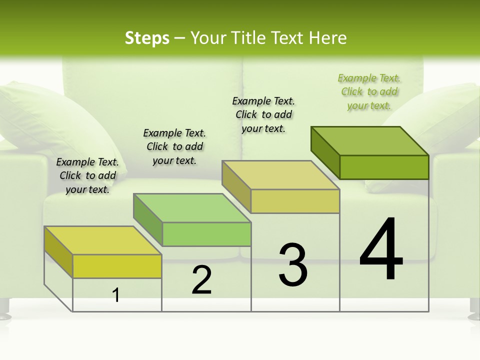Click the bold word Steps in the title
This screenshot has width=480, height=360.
(147, 38)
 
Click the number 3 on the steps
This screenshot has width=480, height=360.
(293, 265)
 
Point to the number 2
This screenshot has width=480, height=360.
(202, 280)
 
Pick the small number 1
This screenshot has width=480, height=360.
(116, 295)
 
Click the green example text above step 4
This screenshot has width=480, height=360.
(369, 92)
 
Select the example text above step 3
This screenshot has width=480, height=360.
(264, 114)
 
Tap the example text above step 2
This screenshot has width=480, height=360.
(174, 146)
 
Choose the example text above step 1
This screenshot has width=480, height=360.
(87, 175)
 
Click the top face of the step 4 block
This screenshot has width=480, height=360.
(370, 140)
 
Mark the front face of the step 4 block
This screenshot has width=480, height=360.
(384, 167)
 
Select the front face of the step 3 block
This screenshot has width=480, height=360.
(295, 201)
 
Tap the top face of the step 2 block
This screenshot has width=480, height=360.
(192, 208)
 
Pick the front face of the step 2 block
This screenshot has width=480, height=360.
(206, 234)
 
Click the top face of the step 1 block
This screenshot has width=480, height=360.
(103, 240)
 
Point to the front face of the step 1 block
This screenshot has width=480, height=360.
(117, 266)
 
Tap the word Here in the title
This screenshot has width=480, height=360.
(328, 38)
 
